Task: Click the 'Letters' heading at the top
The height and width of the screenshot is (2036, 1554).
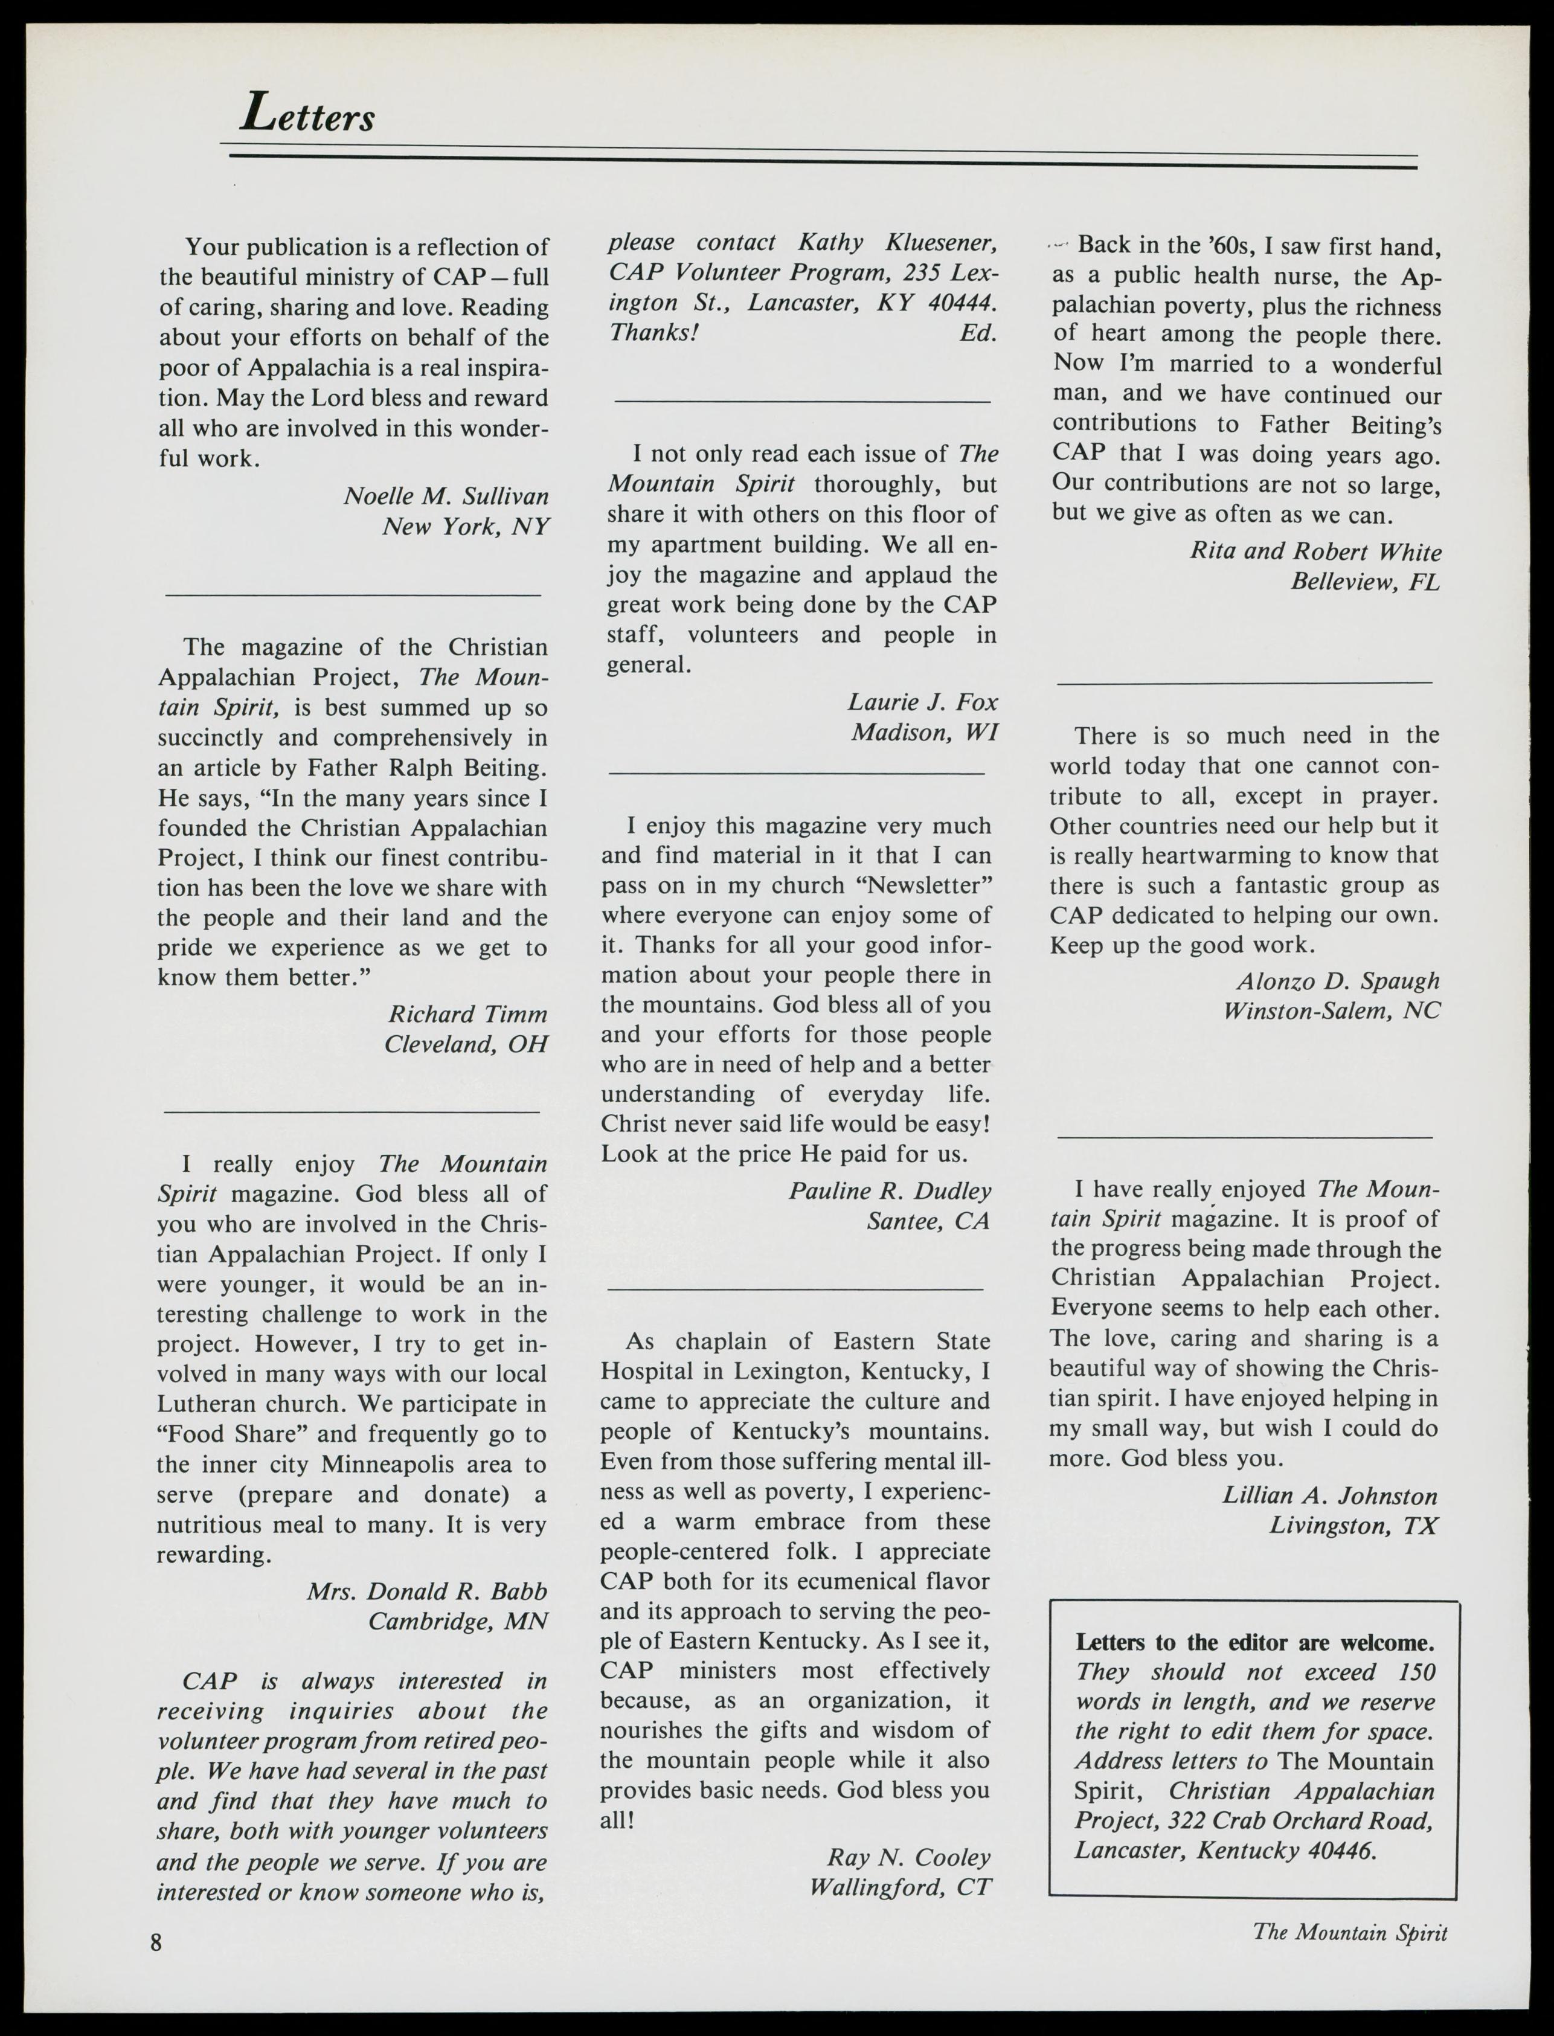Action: click(307, 115)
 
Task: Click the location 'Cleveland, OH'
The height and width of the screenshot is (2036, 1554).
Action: click(466, 1044)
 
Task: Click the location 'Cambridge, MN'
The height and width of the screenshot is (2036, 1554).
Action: click(458, 1622)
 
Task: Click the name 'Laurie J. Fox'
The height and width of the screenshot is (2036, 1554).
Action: click(922, 702)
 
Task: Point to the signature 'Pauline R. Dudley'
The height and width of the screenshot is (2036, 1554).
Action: click(889, 1190)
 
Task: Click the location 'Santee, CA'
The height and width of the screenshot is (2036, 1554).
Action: click(927, 1221)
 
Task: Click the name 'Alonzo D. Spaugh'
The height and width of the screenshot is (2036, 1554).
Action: click(1338, 980)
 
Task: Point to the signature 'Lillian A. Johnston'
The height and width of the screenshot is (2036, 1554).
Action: click(1329, 1496)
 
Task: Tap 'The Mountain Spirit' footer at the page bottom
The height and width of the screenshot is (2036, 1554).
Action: click(1350, 1932)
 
